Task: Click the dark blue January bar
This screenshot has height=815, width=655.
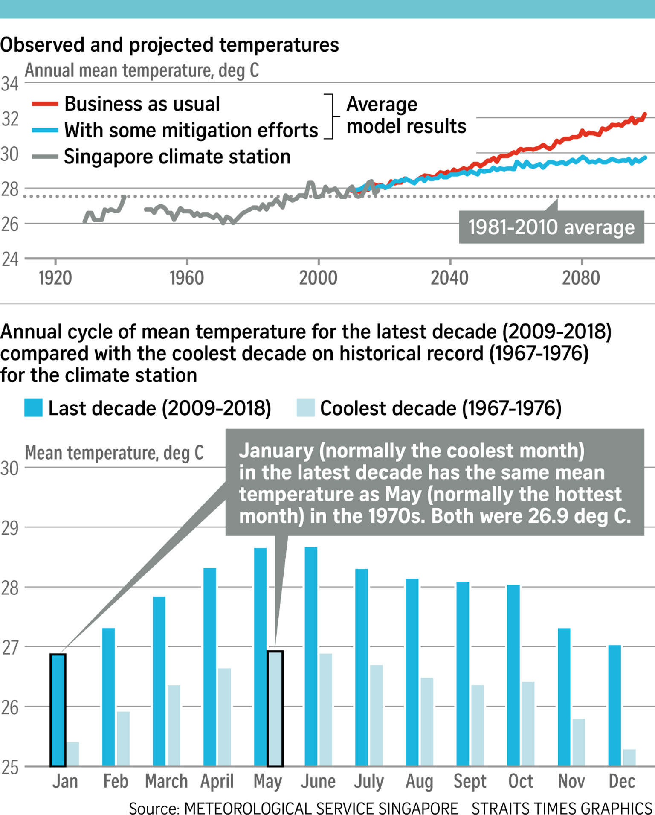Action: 58,710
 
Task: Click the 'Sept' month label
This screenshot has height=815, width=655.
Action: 470,782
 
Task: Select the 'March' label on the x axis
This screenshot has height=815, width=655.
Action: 166,782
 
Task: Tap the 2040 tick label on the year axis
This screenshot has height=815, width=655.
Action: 449,278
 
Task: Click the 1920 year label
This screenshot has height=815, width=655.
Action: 55,278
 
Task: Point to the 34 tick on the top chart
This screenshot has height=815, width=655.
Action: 9,84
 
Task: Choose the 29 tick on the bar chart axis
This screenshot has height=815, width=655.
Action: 9,528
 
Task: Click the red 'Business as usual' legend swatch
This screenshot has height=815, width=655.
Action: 45,104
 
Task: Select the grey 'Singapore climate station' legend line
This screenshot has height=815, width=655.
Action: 45,157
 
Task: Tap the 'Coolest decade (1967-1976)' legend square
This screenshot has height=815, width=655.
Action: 305,408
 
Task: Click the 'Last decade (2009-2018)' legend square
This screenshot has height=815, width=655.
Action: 33,408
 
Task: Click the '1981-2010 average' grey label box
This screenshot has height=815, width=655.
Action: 551,227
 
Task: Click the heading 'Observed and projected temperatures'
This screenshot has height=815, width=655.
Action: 169,45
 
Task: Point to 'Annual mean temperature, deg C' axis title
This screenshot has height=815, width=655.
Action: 142,70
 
